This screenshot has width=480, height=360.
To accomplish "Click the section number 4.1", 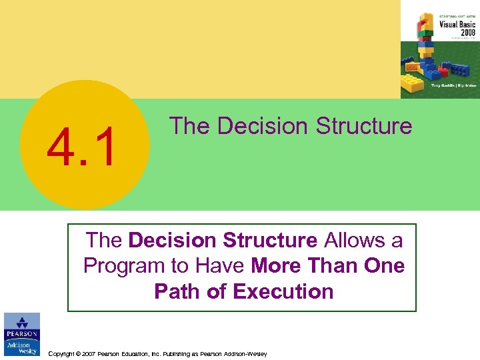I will pyautogui.click(x=81, y=148).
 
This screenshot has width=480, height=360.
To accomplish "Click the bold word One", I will pyautogui.click(x=384, y=266).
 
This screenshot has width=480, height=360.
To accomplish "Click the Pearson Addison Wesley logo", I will pyautogui.click(x=21, y=335).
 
